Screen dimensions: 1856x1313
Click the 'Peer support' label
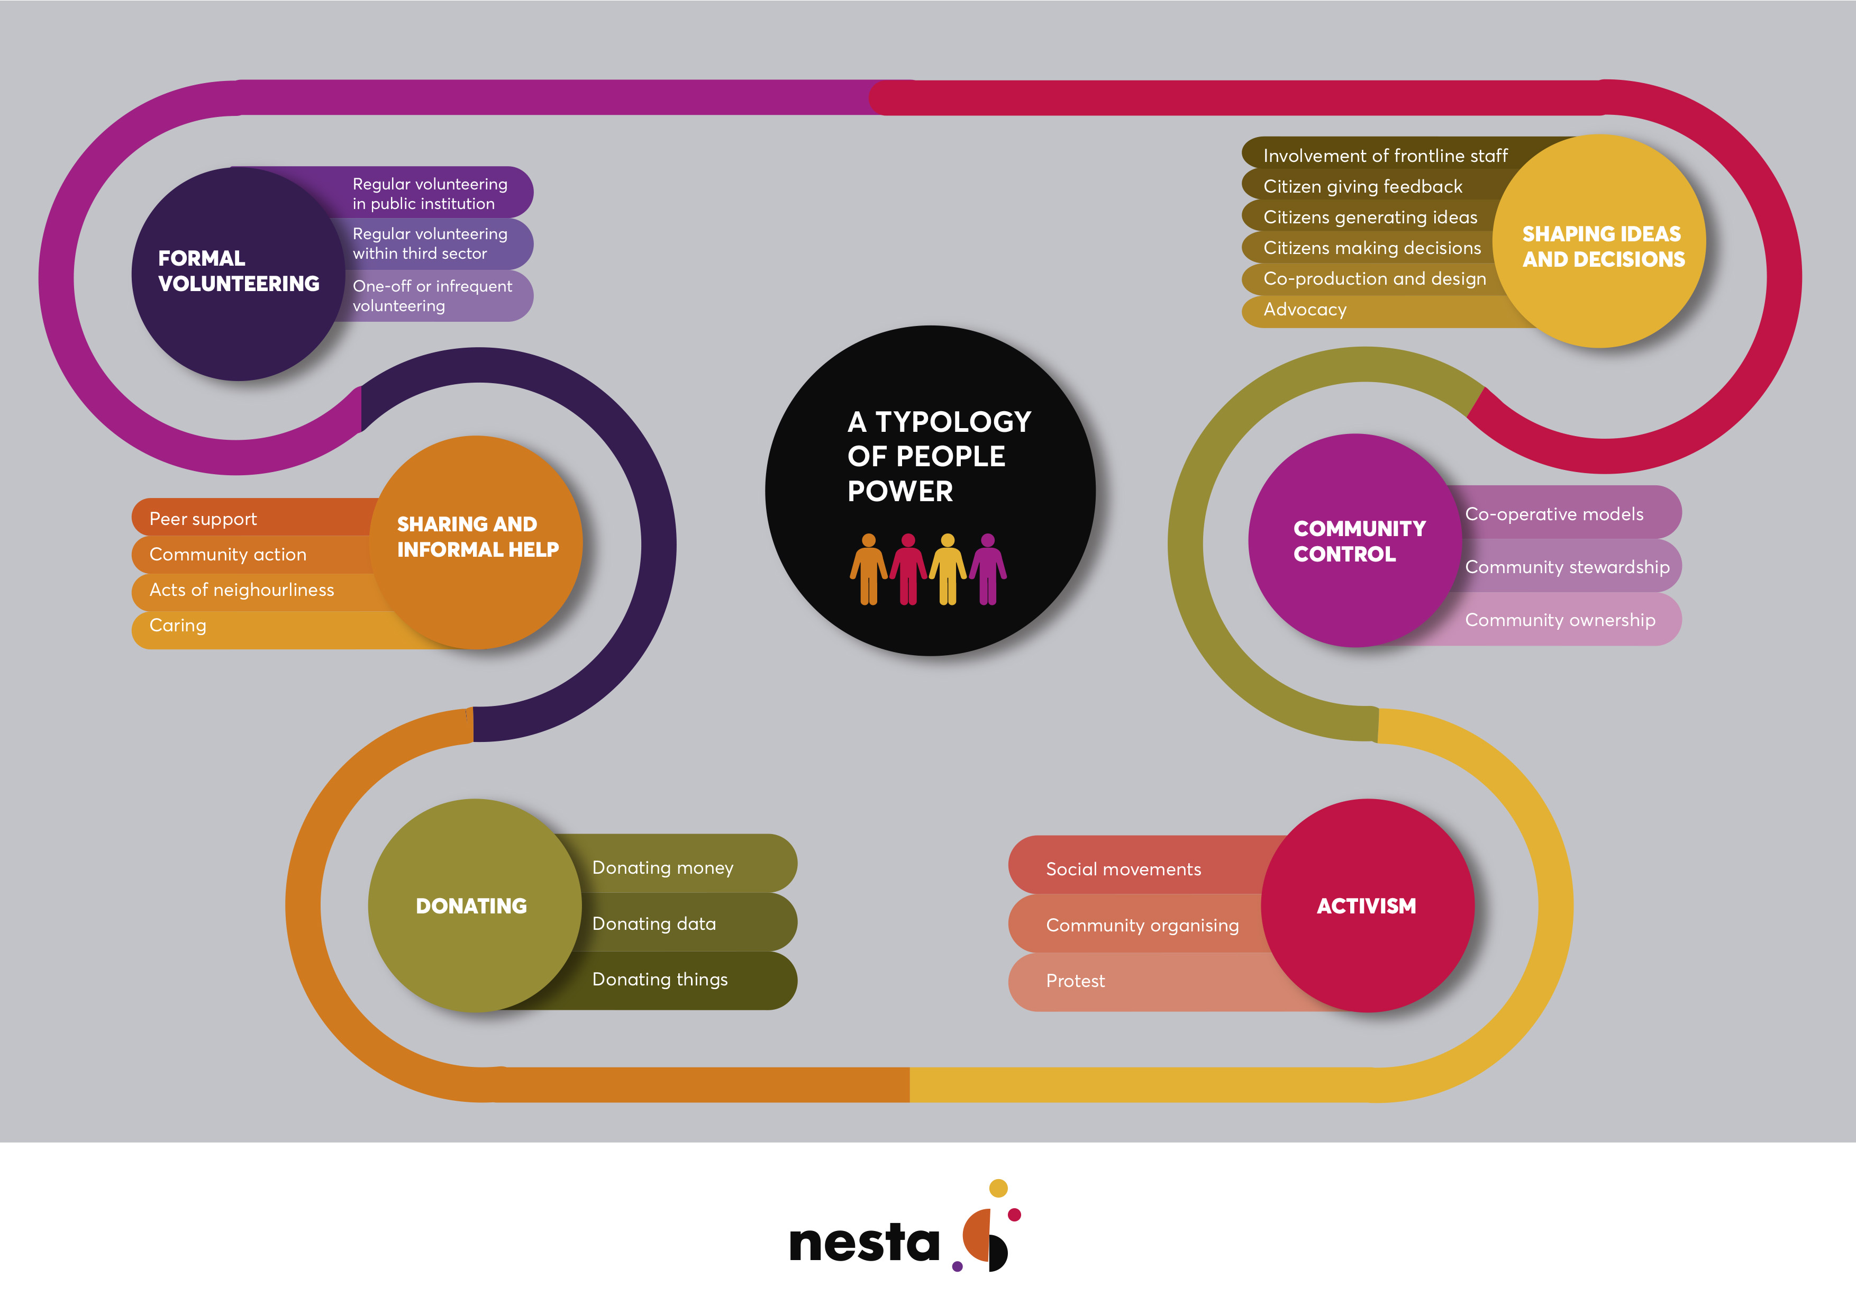coord(203,519)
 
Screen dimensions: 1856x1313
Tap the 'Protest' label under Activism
coord(1075,981)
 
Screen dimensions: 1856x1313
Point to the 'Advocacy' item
coord(1305,310)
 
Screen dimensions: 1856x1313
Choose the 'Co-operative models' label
coord(1554,514)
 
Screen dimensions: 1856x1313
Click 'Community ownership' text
coord(1560,620)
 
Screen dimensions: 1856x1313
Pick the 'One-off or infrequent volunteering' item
coord(432,296)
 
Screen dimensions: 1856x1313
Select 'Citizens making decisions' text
coord(1372,248)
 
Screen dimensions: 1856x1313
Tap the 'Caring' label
coord(178,626)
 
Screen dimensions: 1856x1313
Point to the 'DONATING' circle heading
coord(471,907)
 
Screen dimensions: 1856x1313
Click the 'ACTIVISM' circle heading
coord(1366,907)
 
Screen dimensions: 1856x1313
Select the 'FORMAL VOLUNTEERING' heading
coord(239,271)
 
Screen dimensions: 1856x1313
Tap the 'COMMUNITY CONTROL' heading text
coord(1360,541)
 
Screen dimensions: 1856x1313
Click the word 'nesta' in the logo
coord(864,1243)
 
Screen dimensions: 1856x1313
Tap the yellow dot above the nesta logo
coord(998,1188)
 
